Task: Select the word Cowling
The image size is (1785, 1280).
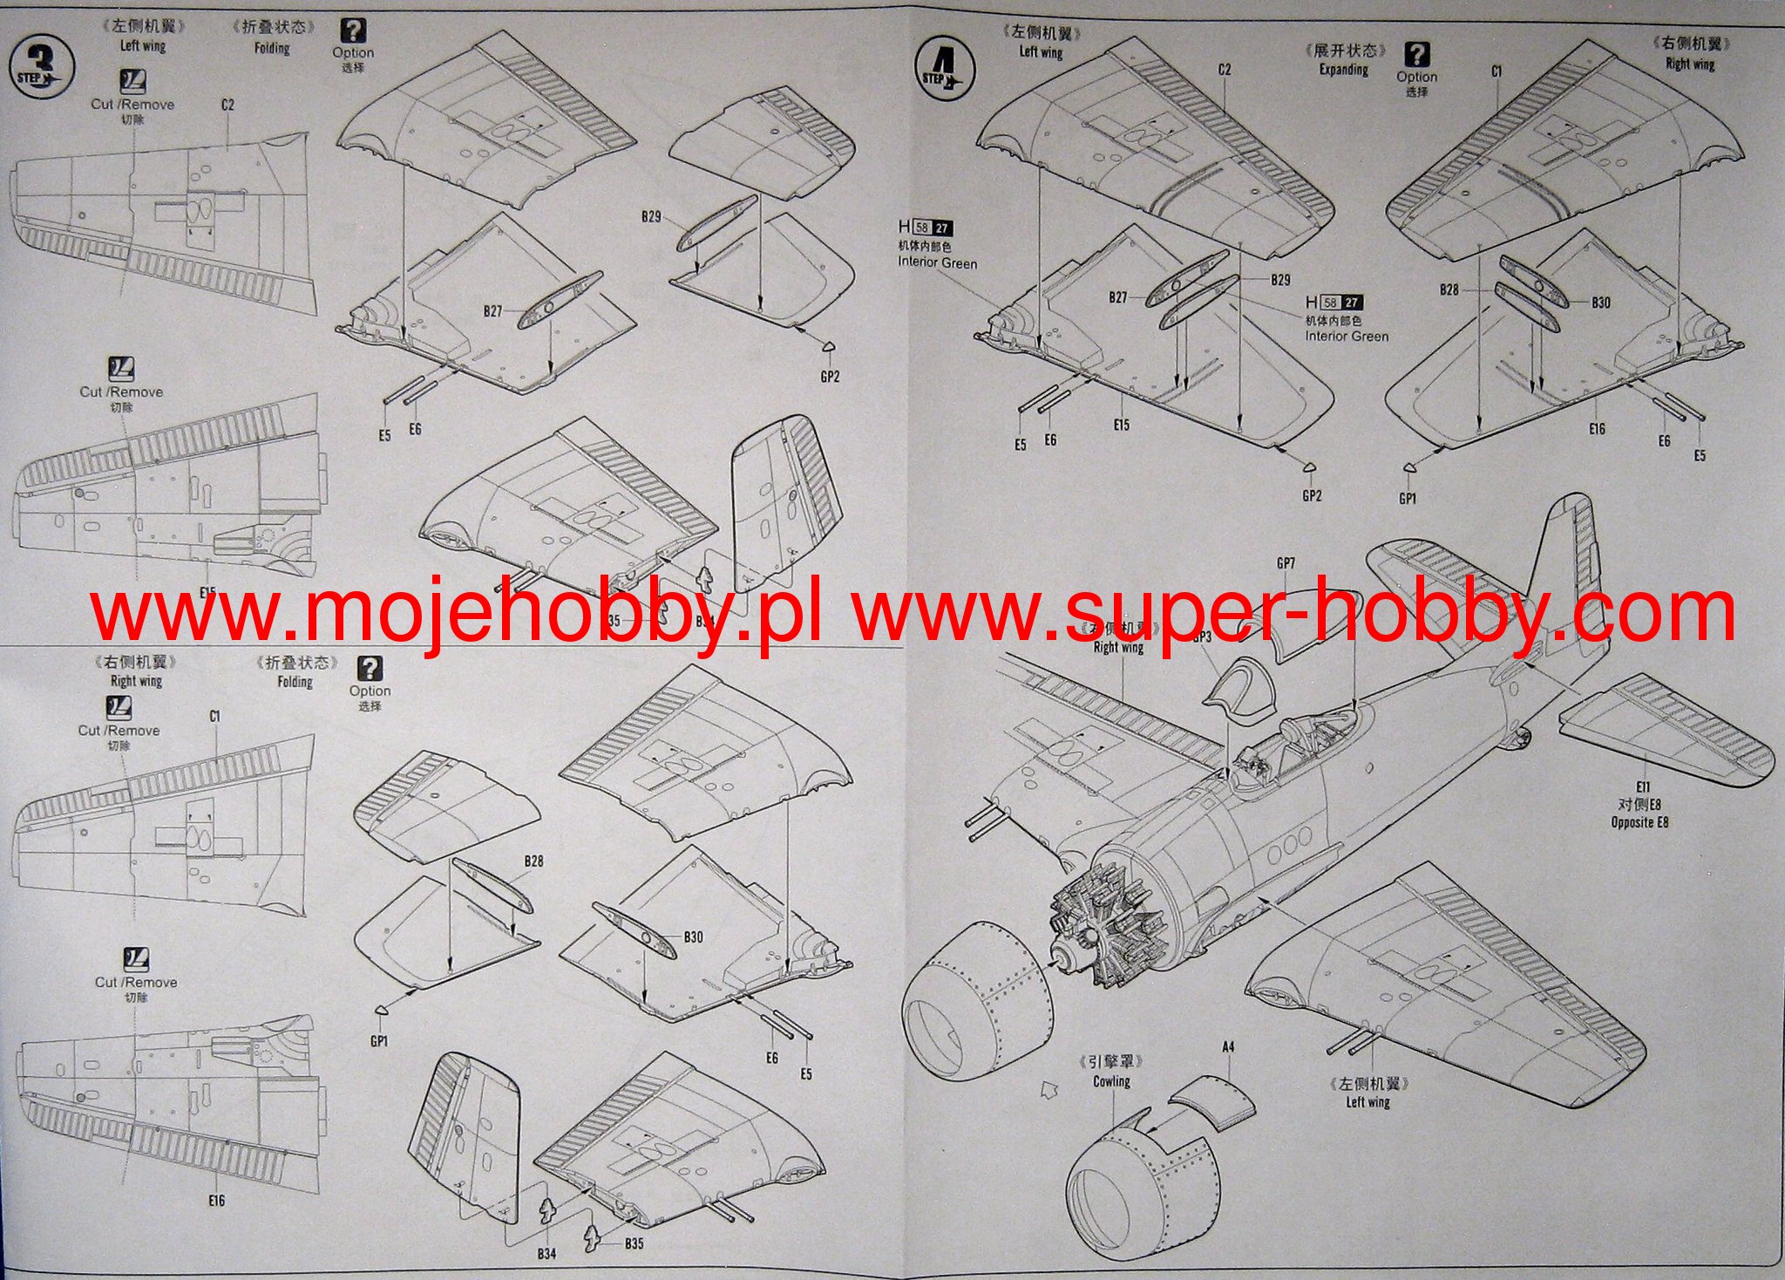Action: click(1111, 1081)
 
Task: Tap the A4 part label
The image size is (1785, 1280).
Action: click(1229, 1045)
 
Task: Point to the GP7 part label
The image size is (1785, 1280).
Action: click(1286, 563)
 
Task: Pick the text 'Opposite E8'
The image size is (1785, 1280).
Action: click(1639, 822)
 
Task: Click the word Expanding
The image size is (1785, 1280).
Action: click(1343, 69)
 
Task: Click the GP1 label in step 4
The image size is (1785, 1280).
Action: click(1408, 499)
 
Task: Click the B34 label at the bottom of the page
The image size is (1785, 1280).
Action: click(546, 1254)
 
